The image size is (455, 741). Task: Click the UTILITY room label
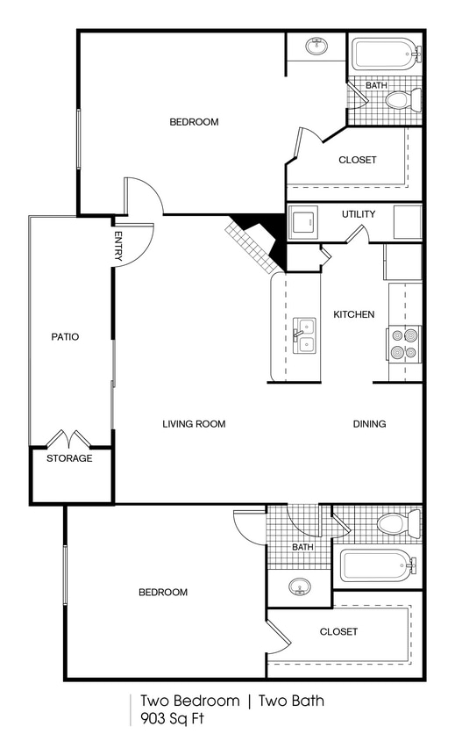point(359,214)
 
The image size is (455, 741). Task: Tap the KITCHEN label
point(354,314)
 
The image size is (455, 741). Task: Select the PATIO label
point(65,336)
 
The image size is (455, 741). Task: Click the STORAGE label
point(70,458)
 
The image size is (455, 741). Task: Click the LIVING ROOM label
point(194,424)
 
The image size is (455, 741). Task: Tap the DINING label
point(369,424)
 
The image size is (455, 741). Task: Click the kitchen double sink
point(303,335)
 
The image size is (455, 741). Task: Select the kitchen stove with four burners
point(404,343)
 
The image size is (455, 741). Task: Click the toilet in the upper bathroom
point(402,99)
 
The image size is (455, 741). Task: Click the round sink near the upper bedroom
point(316,46)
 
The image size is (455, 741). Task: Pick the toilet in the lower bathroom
point(397,525)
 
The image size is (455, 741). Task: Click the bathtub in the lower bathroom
point(376,565)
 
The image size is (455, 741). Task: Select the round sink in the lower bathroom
point(300,586)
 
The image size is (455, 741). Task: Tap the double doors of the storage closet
point(69,438)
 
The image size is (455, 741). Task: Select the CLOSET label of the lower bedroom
point(338,632)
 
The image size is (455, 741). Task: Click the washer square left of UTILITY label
point(304,221)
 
